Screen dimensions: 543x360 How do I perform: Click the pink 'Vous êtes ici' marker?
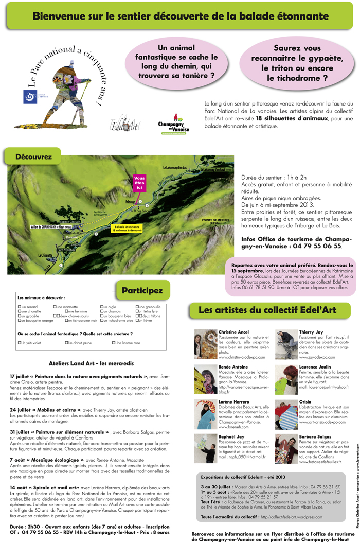point(139,183)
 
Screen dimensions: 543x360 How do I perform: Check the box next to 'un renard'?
point(19,307)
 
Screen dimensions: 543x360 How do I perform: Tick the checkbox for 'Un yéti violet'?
point(19,342)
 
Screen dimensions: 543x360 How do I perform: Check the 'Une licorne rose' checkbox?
point(114,342)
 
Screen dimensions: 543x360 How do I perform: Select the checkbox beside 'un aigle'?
point(102,307)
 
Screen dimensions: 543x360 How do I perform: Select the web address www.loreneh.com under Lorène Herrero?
point(233,427)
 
